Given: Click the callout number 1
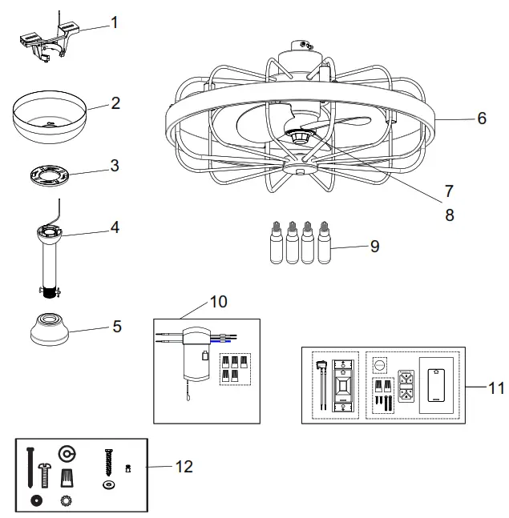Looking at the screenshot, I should (114, 22).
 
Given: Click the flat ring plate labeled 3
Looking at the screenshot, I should (50, 175).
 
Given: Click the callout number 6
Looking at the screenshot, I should (481, 118).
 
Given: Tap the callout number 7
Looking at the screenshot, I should (448, 191).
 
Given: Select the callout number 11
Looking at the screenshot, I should (496, 388).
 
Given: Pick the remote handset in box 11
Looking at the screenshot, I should (437, 385).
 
